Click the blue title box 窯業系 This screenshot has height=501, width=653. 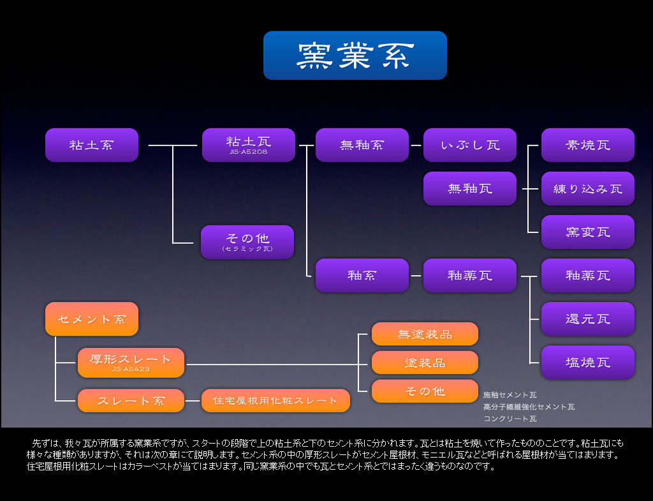click(x=355, y=56)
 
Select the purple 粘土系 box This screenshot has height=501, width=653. click(x=92, y=145)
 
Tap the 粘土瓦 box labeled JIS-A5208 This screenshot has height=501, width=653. click(x=249, y=145)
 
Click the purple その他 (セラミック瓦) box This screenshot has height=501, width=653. click(x=247, y=242)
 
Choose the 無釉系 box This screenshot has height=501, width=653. click(x=362, y=145)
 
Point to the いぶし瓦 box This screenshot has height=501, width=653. click(x=470, y=145)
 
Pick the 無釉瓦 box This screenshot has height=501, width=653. click(x=470, y=188)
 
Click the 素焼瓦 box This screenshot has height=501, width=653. click(x=588, y=145)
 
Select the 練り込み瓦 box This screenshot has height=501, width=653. click(x=588, y=188)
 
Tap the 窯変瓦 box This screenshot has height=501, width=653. click(x=588, y=232)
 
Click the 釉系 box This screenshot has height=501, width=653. click(x=362, y=276)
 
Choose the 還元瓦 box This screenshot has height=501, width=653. click(x=588, y=319)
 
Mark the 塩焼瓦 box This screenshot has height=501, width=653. click(x=588, y=363)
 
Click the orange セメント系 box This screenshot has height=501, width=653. click(x=92, y=319)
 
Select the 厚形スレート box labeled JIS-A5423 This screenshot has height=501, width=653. click(x=131, y=362)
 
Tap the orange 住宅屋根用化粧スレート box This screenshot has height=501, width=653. click(x=275, y=401)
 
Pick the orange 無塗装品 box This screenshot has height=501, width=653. click(x=425, y=334)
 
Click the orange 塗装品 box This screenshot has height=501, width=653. click(x=425, y=363)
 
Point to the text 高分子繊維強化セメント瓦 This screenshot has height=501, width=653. click(x=529, y=407)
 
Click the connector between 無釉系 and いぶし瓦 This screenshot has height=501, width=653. click(x=416, y=145)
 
